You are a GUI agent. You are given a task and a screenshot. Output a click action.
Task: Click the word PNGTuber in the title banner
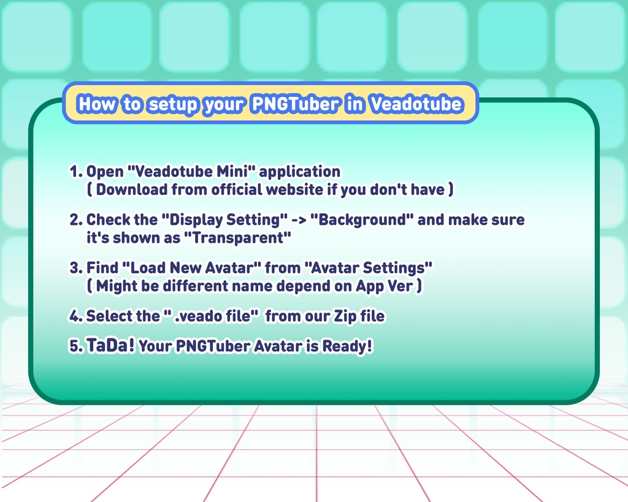(x=294, y=104)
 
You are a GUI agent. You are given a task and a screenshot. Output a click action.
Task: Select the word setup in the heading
(x=174, y=104)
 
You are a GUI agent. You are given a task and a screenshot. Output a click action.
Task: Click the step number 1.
(x=74, y=172)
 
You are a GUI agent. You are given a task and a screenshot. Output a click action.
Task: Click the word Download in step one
(x=131, y=189)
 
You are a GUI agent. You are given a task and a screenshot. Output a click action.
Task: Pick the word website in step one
(x=294, y=189)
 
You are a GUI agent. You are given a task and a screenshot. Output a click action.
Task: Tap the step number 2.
(x=74, y=219)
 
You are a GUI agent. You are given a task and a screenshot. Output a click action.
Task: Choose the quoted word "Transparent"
(x=242, y=238)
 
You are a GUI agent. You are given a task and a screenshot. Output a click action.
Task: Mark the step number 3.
(x=74, y=268)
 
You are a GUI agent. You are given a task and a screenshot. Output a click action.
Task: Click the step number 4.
(x=74, y=316)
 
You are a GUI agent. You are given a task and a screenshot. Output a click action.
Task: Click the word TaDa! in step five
(x=110, y=346)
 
